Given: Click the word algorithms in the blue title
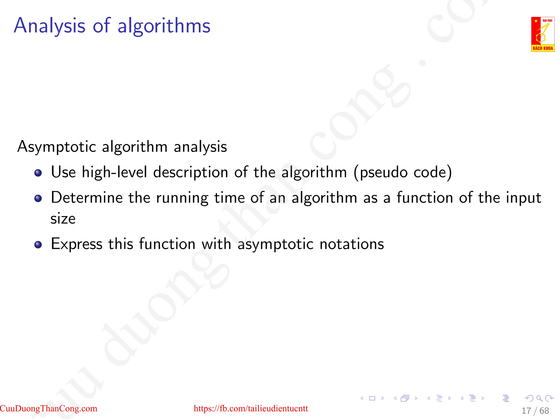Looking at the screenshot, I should (164, 26).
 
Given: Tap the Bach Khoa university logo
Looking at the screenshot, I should (543, 34).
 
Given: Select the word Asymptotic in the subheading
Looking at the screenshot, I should (57, 147).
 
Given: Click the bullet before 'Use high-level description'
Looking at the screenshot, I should (38, 173).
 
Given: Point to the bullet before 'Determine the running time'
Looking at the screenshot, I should (38, 198).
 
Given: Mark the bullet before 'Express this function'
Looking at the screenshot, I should (38, 244).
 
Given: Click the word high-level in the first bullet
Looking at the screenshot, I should (114, 172).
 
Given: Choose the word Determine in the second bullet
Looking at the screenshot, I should (87, 198).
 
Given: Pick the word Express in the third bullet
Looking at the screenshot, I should (77, 244).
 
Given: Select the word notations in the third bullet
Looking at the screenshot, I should (352, 244).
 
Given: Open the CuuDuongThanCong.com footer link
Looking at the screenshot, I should (49, 408).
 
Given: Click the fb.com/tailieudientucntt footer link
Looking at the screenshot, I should (251, 408).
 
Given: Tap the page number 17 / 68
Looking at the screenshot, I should (535, 411).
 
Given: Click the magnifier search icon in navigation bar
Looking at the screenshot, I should (539, 398).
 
